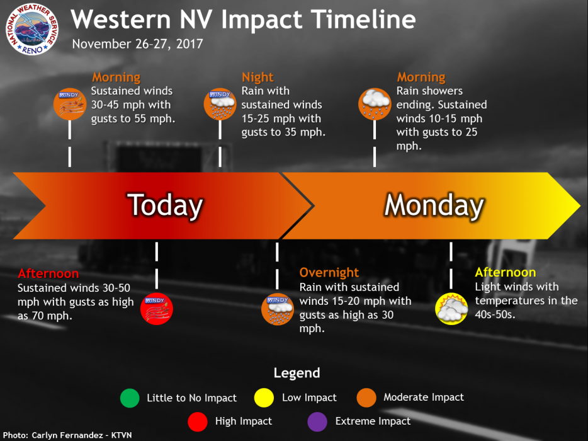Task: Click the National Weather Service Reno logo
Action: (x=32, y=29)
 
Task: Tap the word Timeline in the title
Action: (x=363, y=19)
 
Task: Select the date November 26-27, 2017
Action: (x=137, y=44)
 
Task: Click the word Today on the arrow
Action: (x=165, y=205)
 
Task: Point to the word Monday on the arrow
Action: (x=434, y=205)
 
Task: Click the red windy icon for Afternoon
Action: (x=156, y=309)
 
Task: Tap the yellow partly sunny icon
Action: (x=451, y=309)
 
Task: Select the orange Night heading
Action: (x=257, y=77)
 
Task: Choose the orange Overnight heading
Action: (x=329, y=273)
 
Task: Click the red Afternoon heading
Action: (x=48, y=273)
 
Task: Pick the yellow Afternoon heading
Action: (x=506, y=272)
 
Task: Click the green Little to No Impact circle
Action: (x=130, y=398)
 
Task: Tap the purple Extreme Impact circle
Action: (x=317, y=421)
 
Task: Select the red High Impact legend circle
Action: (x=198, y=421)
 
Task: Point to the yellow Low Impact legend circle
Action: (x=264, y=398)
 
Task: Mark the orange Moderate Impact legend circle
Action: (x=366, y=398)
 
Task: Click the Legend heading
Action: (x=297, y=373)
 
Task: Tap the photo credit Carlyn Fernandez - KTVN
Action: (x=67, y=435)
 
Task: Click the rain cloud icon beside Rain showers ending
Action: (x=375, y=104)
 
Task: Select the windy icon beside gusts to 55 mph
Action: (x=70, y=104)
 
